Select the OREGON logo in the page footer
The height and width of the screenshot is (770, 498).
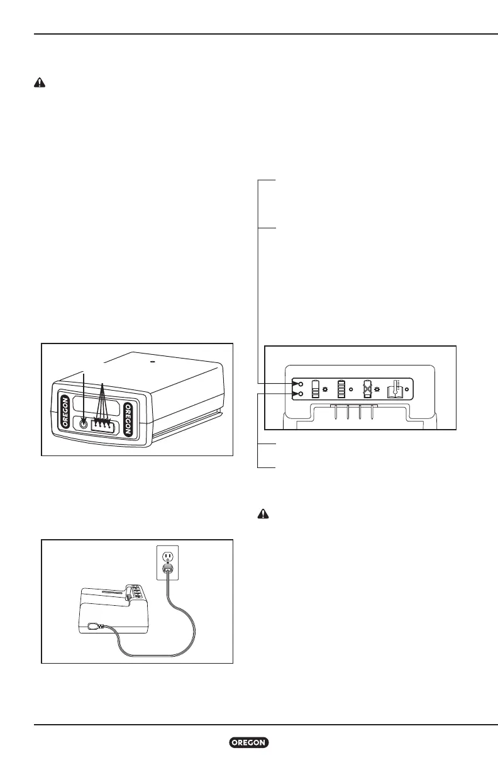pos(249,743)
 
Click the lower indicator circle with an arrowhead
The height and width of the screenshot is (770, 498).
pos(302,394)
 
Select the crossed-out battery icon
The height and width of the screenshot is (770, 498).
pos(368,389)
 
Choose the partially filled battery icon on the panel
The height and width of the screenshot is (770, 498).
pos(316,389)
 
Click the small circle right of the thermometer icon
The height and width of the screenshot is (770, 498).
pos(407,389)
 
